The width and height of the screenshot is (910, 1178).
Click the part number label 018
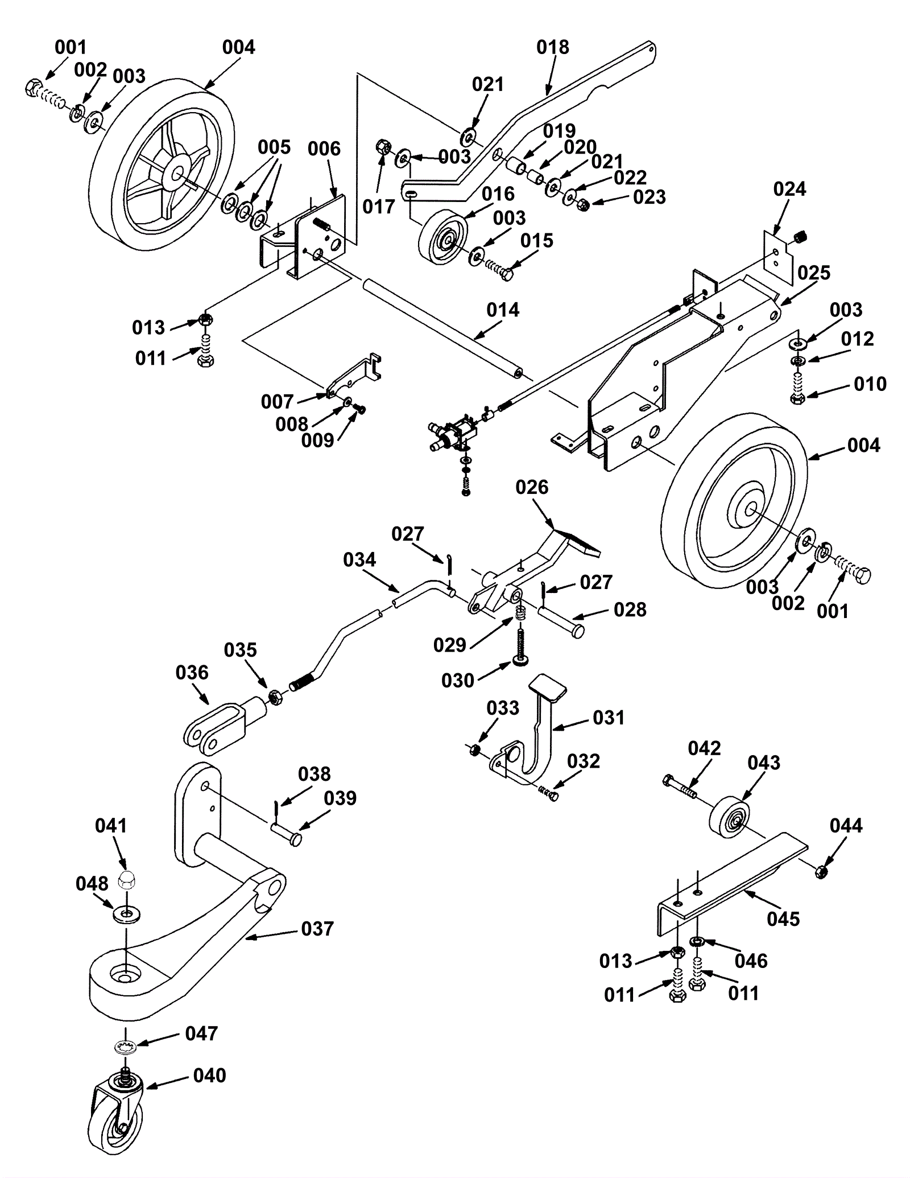point(552,47)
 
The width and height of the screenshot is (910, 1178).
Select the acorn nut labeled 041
point(126,881)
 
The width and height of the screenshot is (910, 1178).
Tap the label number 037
point(317,929)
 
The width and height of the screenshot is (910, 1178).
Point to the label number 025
point(813,273)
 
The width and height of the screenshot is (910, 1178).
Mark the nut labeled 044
point(820,872)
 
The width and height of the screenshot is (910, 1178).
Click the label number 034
point(359,560)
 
